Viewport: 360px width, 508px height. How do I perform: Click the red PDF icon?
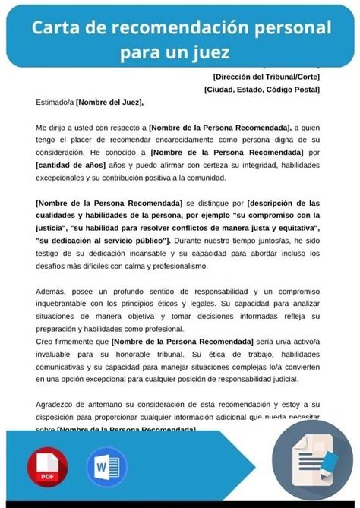(48, 465)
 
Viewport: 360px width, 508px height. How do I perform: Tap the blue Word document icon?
(106, 465)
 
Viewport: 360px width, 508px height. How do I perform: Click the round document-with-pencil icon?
(311, 459)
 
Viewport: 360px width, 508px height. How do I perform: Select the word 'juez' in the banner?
(210, 53)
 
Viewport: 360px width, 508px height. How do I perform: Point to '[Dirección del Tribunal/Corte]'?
(266, 76)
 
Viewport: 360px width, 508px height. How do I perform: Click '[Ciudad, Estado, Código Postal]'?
(261, 89)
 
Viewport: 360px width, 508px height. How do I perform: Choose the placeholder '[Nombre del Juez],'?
(109, 103)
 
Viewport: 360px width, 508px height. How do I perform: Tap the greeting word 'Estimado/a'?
(55, 103)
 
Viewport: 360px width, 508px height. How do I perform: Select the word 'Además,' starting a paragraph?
(52, 291)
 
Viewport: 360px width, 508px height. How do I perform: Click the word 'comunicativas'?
(68, 366)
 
